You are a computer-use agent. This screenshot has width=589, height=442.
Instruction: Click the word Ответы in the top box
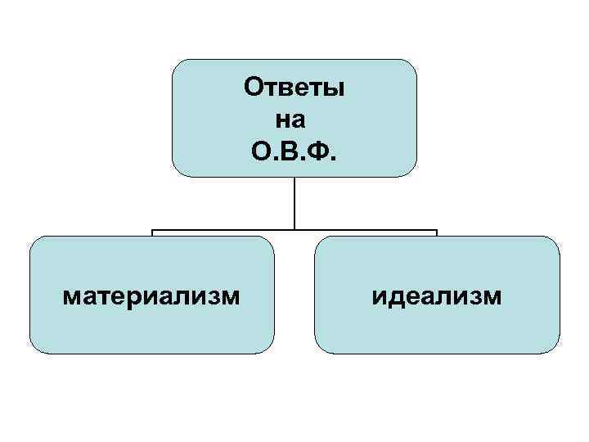pos(294,88)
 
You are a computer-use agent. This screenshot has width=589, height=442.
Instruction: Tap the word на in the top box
pos(290,119)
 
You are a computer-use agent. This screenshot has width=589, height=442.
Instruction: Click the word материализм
pos(151,295)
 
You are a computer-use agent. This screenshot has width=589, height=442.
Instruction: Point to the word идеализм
pos(437,295)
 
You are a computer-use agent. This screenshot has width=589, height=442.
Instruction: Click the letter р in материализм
pos(136,297)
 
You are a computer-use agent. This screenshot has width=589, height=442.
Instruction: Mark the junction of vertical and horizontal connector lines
pos(294,230)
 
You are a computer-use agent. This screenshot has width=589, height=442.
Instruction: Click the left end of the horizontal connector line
pos(152,231)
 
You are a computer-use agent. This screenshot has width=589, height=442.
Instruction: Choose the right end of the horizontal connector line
pos(437,231)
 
